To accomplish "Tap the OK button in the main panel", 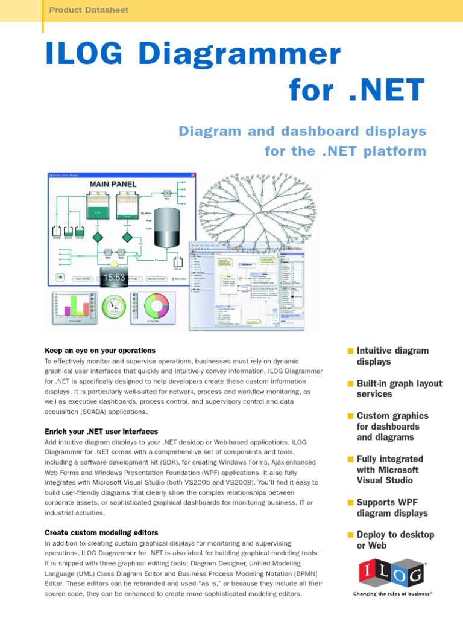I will (60, 278).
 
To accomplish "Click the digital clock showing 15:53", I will (114, 278).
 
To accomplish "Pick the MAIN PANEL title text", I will (113, 183).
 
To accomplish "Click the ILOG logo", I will (392, 574).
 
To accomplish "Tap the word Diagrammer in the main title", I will (240, 56).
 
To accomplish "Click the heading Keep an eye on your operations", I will (100, 351).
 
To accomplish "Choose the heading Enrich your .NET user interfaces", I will (101, 432).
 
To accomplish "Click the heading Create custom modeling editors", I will (101, 532).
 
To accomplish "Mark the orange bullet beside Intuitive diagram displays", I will (350, 351).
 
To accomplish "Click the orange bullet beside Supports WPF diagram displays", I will (350, 502).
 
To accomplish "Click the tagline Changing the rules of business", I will (392, 594).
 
